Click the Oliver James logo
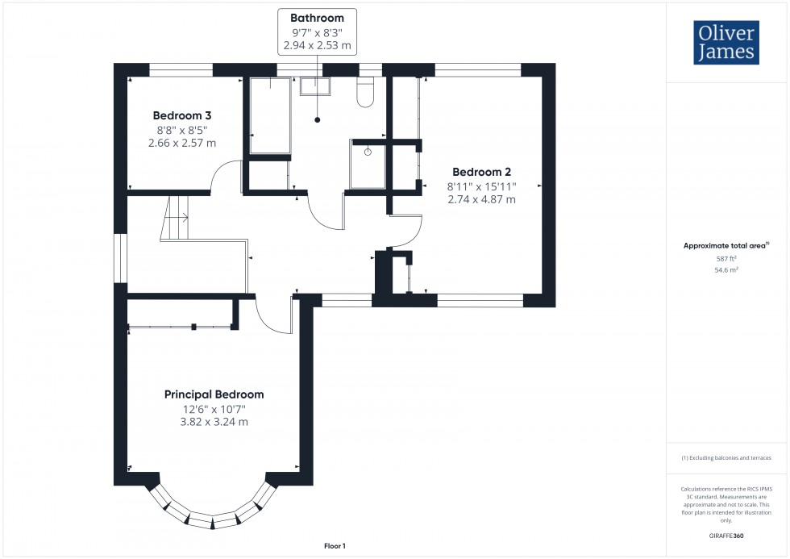726,43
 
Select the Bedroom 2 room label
481,172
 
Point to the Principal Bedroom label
214,394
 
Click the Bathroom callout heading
317,18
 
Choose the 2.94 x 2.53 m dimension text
317,46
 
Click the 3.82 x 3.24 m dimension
214,422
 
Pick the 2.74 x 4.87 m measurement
481,199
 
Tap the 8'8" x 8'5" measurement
182,129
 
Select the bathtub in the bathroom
269,115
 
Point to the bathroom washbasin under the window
316,86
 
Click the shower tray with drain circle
368,163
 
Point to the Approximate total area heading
726,245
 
